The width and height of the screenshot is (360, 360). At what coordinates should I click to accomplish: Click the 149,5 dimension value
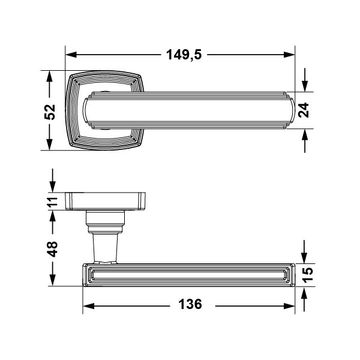pos(184,55)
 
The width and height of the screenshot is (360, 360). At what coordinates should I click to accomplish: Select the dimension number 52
pos(50,112)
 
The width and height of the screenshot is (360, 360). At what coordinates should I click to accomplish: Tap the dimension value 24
pos(304,110)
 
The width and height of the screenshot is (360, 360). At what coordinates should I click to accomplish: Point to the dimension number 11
pos(53,202)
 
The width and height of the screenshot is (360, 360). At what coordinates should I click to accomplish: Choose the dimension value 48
pos(53,249)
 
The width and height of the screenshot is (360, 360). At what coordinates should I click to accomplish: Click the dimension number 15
pos(307,275)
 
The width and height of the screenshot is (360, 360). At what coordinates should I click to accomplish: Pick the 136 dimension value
pos(190,304)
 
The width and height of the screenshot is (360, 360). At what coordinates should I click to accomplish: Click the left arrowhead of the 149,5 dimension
pos(71,55)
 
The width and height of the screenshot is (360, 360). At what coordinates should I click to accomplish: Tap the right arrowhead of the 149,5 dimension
pos(289,55)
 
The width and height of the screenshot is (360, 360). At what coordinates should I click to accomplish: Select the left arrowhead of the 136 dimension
pos(88,306)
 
